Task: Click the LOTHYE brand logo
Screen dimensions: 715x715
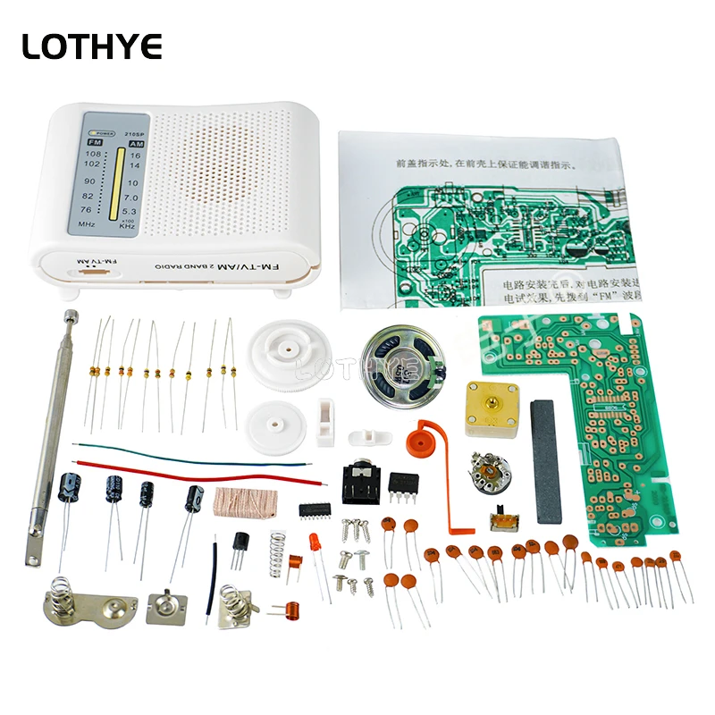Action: [x=92, y=46]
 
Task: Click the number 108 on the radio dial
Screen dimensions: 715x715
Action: [x=92, y=154]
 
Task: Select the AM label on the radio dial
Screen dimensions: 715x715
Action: [x=137, y=143]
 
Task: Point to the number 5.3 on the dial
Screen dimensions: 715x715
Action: [x=130, y=211]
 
